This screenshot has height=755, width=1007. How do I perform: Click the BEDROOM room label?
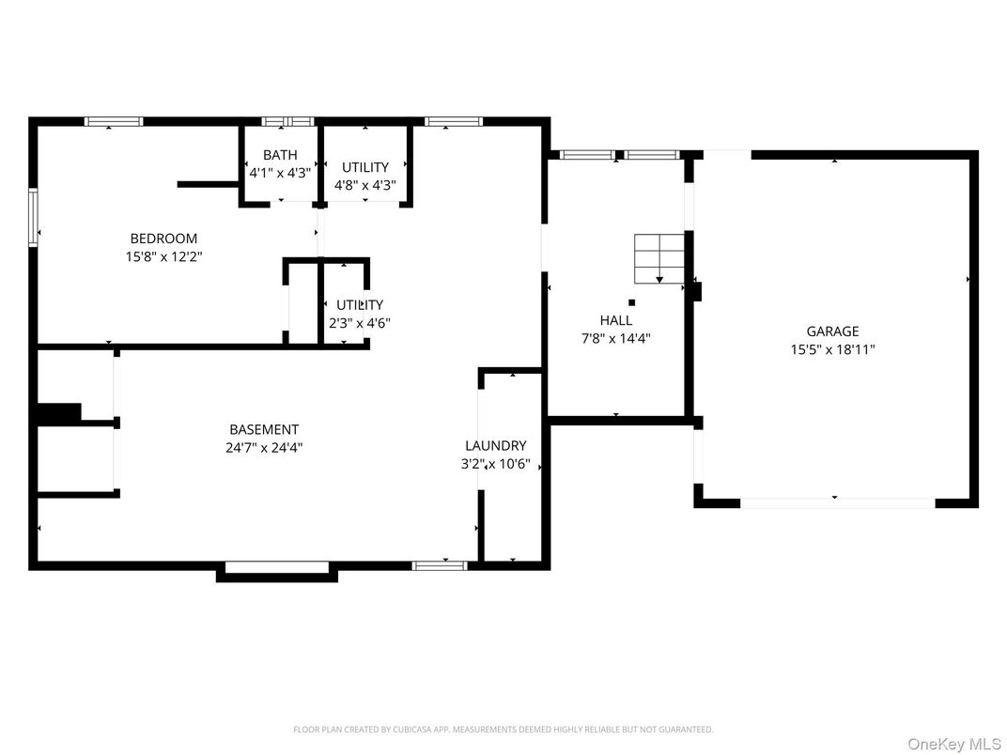click(x=163, y=239)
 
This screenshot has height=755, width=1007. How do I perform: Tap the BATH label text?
click(x=280, y=155)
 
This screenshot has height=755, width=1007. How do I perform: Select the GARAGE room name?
click(x=832, y=331)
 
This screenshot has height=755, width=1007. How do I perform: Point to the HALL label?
click(x=616, y=320)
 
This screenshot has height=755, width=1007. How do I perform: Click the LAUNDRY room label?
click(x=496, y=445)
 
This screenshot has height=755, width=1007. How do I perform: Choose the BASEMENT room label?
click(x=264, y=429)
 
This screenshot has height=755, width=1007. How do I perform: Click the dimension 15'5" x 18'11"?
click(x=832, y=350)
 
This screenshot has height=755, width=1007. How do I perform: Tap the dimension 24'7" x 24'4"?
click(x=264, y=448)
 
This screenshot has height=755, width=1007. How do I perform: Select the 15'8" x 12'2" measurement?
click(x=163, y=257)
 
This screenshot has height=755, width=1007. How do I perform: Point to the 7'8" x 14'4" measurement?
click(x=616, y=339)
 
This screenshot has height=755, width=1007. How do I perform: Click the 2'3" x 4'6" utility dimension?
click(x=360, y=324)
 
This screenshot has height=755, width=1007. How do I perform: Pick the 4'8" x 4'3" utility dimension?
click(x=364, y=186)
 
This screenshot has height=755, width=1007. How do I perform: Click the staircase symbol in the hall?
click(x=658, y=259)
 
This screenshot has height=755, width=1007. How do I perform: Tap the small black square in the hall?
click(x=632, y=302)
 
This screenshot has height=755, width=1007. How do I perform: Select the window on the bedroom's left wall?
click(x=33, y=218)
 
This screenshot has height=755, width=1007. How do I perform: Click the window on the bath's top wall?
click(x=287, y=121)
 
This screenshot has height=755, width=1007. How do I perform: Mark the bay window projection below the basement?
click(x=277, y=571)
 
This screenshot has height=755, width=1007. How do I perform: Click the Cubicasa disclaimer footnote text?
click(x=503, y=730)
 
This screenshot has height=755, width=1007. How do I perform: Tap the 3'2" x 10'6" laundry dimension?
click(x=496, y=464)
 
